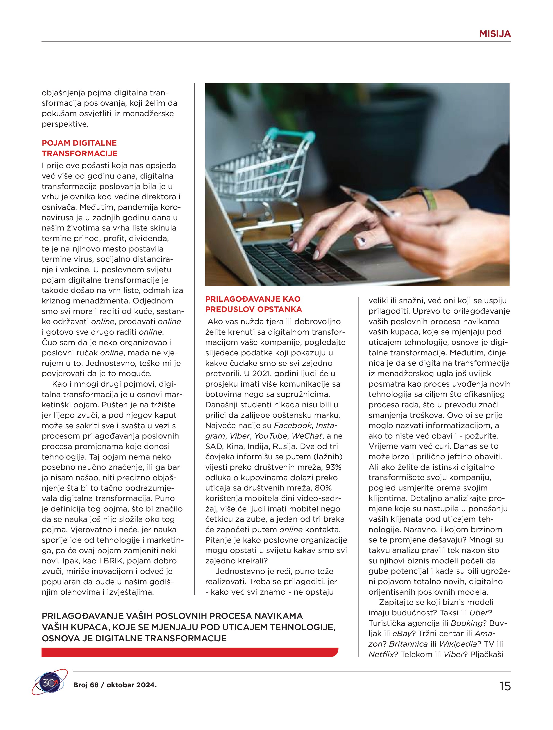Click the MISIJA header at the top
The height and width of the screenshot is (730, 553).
(495, 34)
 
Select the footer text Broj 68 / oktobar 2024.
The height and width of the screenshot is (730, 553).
(115, 685)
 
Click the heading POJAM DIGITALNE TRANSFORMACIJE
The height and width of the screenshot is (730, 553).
(80, 148)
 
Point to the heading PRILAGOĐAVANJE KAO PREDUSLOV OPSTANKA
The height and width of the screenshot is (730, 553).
(253, 304)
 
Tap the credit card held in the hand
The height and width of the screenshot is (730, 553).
(366, 202)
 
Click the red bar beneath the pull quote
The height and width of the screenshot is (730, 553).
(190, 652)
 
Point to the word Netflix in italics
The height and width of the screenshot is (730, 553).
(381, 654)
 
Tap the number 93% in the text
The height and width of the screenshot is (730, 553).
(333, 467)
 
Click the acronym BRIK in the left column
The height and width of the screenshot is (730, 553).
(113, 561)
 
